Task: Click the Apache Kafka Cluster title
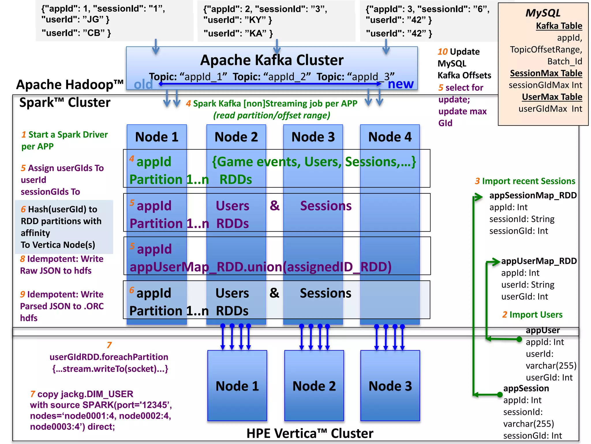tap(272, 60)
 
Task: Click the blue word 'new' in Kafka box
tap(400, 84)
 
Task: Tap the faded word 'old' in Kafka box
tap(143, 85)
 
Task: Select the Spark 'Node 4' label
tap(390, 137)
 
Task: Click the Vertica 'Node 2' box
tap(314, 386)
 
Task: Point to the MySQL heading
tap(543, 13)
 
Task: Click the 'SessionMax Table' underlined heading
tap(546, 73)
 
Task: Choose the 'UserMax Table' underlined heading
tap(552, 97)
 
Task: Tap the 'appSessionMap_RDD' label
tap(533, 195)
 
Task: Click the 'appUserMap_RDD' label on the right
tap(538, 261)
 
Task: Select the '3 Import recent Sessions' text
tap(525, 181)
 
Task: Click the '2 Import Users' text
tap(532, 314)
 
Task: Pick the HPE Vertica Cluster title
tap(310, 433)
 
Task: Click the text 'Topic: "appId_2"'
tap(272, 77)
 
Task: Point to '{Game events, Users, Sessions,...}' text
tap(314, 162)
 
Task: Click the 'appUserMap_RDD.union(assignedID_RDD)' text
tap(260, 267)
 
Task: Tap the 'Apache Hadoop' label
tap(70, 85)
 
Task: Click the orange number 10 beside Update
tap(442, 52)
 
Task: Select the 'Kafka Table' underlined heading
tap(559, 26)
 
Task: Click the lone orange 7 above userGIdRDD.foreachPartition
tap(109, 345)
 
